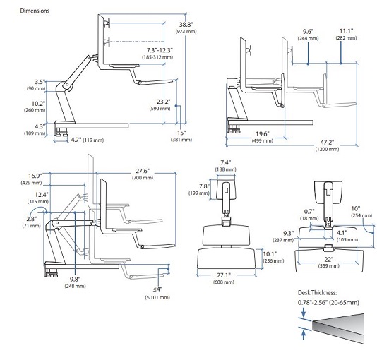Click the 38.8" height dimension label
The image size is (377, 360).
click(186, 28)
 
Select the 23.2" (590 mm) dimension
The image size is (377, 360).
click(160, 104)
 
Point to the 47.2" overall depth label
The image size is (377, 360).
click(328, 145)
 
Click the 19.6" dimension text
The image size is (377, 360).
click(263, 137)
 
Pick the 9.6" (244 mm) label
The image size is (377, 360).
click(308, 35)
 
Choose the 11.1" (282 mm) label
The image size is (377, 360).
click(346, 34)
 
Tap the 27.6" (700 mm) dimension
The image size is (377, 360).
click(143, 174)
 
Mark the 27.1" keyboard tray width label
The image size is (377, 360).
click(224, 278)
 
